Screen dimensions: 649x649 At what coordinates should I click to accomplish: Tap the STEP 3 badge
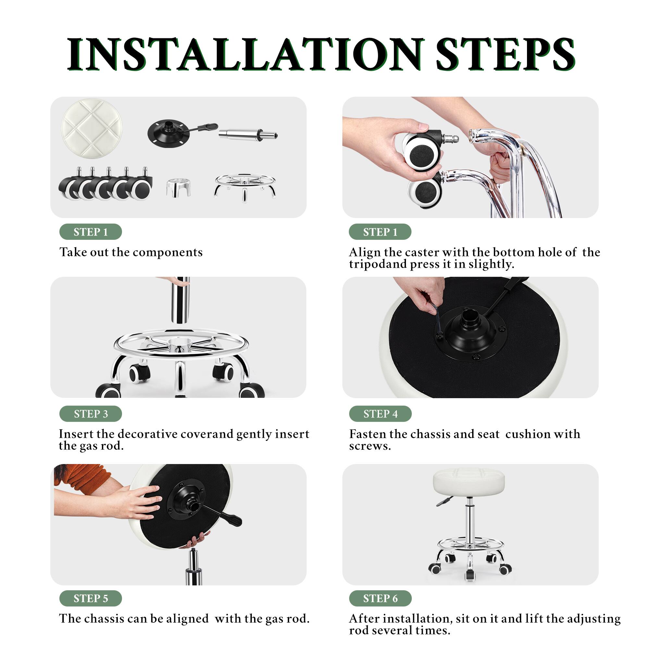[x=91, y=414]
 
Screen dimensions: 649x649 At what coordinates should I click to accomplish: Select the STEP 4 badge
[x=380, y=414]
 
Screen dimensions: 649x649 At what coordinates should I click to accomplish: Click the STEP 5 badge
[x=91, y=598]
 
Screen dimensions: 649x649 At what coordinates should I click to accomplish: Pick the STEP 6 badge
[x=380, y=598]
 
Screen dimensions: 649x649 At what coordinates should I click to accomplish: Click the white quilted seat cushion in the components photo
[x=92, y=128]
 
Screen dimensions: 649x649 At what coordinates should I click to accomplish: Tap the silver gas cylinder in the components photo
[x=247, y=135]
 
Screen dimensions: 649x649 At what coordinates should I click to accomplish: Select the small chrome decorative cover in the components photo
[x=178, y=187]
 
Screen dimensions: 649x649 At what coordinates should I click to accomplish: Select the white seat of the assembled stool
[x=469, y=481]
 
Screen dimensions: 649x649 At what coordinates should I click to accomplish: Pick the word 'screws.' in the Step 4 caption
[x=370, y=447]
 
